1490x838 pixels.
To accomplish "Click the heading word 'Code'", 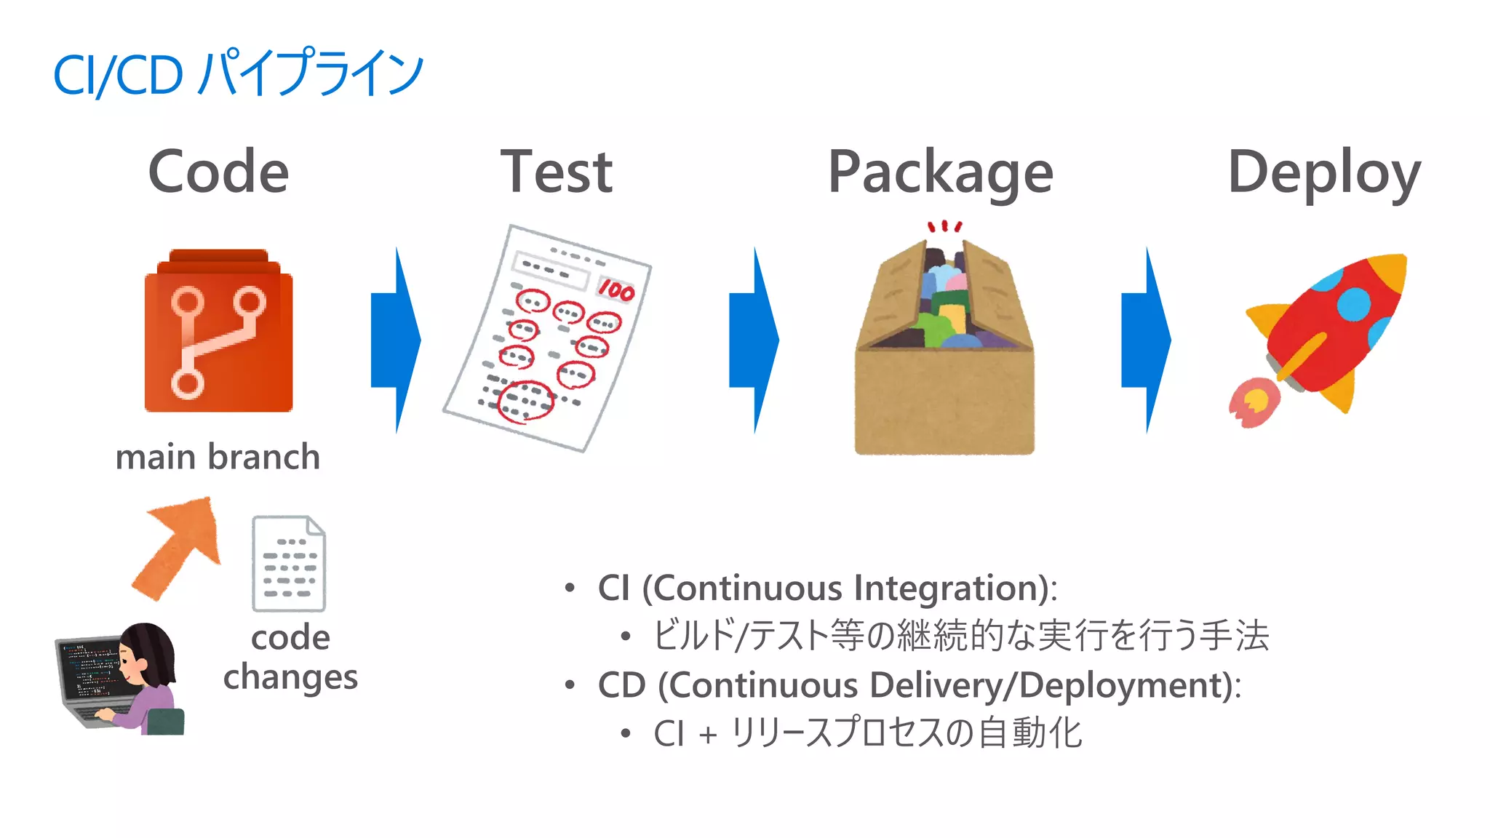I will tap(218, 172).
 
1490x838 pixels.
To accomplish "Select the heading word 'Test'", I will tap(557, 172).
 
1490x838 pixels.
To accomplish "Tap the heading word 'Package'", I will tap(940, 173).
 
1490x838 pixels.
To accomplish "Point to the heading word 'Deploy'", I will tap(1323, 173).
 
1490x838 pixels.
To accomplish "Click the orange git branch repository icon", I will tap(218, 335).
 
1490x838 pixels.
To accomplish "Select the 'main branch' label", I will tap(218, 457).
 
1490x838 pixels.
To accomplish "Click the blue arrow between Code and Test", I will tap(396, 340).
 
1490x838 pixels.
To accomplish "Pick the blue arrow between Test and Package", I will tap(754, 340).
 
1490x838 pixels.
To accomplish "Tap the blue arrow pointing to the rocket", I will tap(1146, 340).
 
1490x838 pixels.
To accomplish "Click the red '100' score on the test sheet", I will tap(616, 290).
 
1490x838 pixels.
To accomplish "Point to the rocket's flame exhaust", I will tap(1253, 402).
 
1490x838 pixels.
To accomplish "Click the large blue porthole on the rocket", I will tap(1353, 303).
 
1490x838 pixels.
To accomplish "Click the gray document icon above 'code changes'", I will tap(289, 564).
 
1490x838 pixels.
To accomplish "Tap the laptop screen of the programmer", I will tap(90, 669).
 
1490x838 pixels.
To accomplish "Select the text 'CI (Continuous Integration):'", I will tap(827, 588).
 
